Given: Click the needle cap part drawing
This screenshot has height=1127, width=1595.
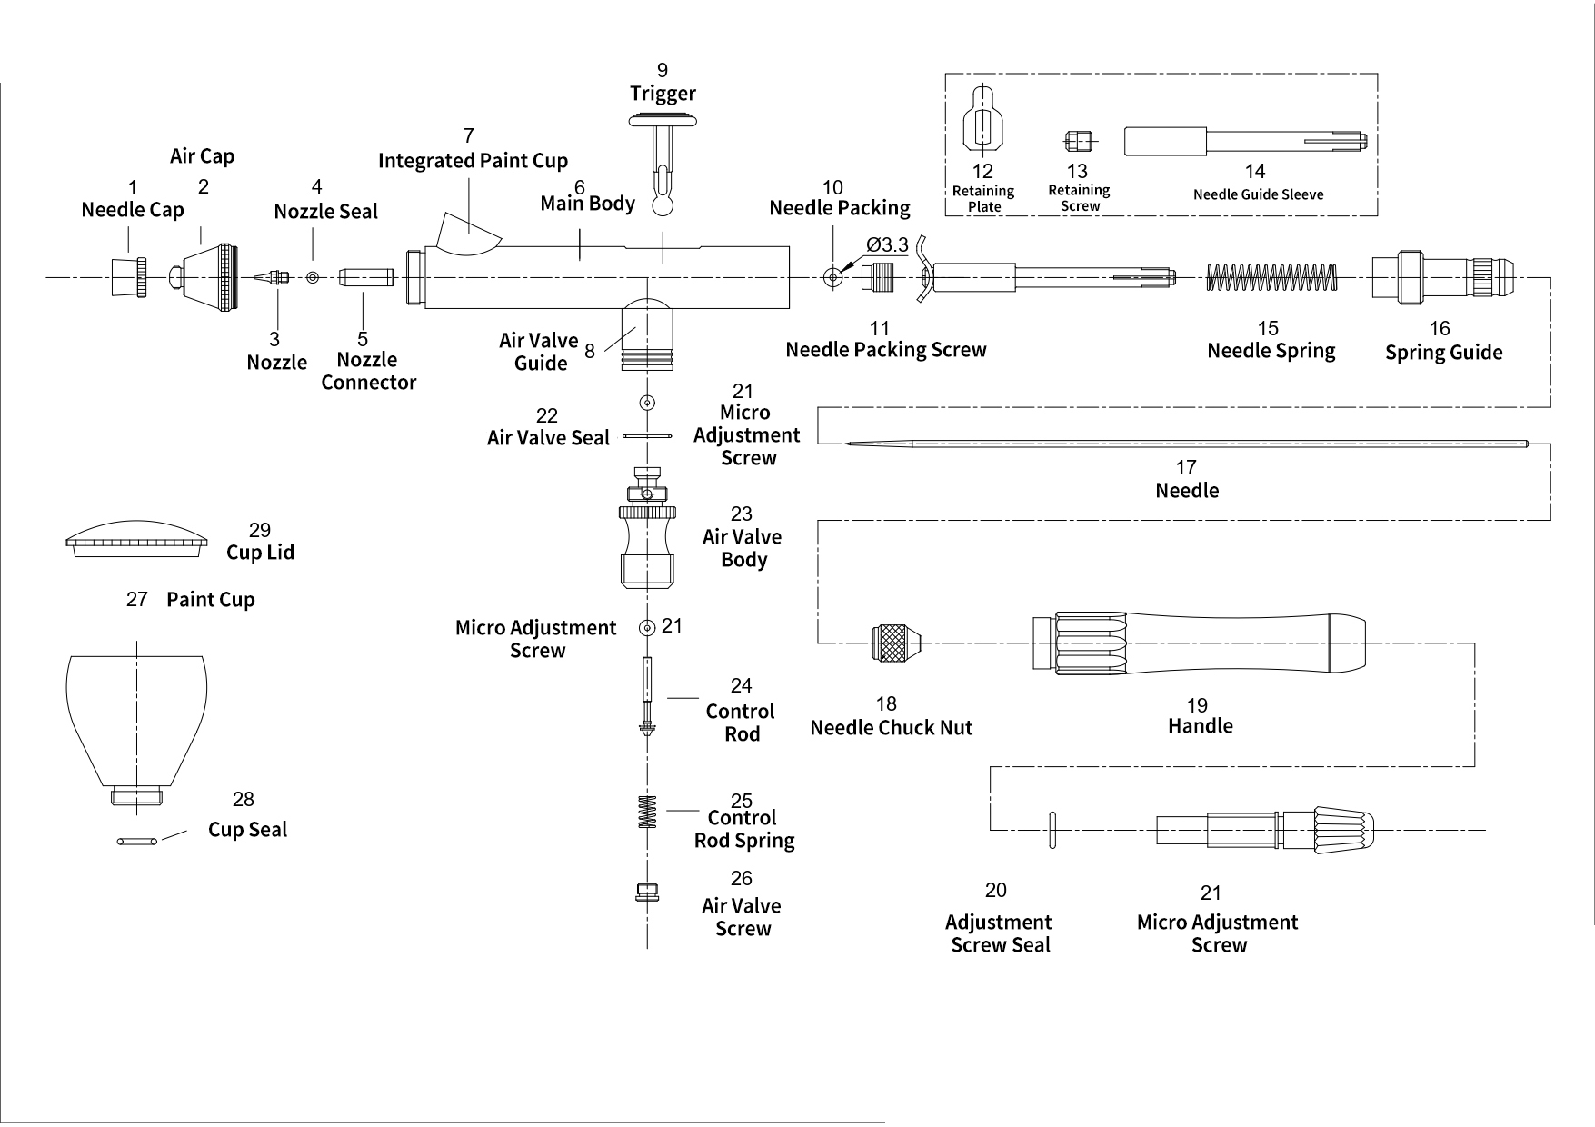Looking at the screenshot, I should point(128,277).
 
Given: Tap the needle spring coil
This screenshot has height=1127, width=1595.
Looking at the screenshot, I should point(1271,277).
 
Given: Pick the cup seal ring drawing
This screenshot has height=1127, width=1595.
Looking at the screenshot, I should point(137,842).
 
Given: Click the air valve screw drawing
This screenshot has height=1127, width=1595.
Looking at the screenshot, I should point(646,893).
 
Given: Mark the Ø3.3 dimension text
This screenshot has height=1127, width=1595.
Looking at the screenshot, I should point(887,245).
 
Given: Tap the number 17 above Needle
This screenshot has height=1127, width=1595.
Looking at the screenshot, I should point(1186,467).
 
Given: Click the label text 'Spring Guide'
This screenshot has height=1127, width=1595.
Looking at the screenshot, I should point(1443,353).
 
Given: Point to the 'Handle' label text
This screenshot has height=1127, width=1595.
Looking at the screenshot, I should point(1200,726).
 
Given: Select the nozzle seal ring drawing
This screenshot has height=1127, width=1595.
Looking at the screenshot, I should point(313,277).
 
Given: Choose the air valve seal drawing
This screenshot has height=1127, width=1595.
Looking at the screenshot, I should point(647,437).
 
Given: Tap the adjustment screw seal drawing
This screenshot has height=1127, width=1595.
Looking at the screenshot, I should point(1052,830).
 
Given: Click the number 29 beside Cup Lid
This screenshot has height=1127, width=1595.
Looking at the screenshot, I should point(260,530).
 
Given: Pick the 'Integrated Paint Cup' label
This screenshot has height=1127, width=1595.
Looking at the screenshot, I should point(473,161).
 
